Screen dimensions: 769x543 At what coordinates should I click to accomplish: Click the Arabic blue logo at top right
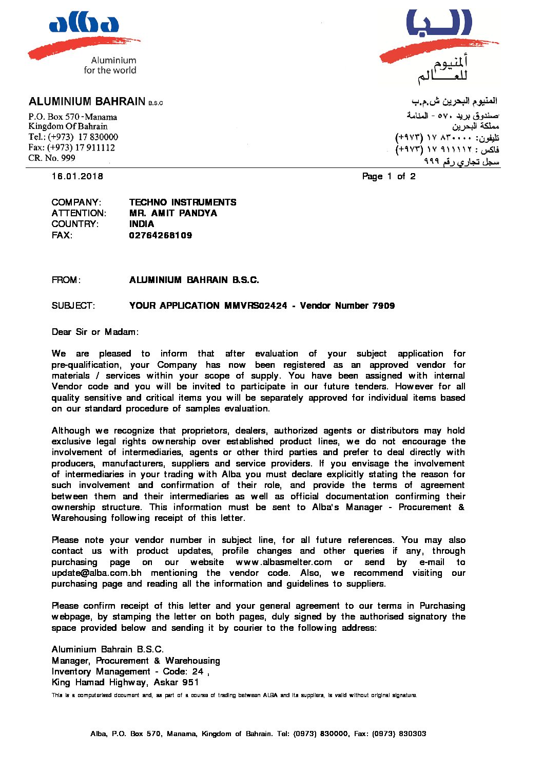coord(439,23)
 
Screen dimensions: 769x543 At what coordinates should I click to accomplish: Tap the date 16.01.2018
coord(77,176)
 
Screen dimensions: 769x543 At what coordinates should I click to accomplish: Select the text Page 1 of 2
coord(389,176)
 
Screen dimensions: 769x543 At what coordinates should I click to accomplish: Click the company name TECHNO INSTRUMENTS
coord(183,202)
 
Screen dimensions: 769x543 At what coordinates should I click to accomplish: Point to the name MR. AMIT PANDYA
coord(173,213)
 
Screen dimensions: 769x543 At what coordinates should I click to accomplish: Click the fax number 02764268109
coord(161,235)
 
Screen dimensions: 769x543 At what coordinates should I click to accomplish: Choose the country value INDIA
coord(142,224)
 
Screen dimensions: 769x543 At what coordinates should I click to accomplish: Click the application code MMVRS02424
coord(256,306)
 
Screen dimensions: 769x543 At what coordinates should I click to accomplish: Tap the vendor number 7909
coord(383,306)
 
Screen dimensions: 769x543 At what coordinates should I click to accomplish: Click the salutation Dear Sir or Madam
coord(95,332)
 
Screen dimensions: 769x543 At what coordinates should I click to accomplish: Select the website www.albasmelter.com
coord(284,562)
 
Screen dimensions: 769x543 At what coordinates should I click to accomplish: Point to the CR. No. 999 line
coord(52,158)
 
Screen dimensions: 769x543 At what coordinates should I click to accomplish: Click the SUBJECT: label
coord(73,306)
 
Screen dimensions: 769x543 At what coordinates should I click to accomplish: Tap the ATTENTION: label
coord(79,213)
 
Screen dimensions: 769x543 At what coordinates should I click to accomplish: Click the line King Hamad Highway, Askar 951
coord(125,682)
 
